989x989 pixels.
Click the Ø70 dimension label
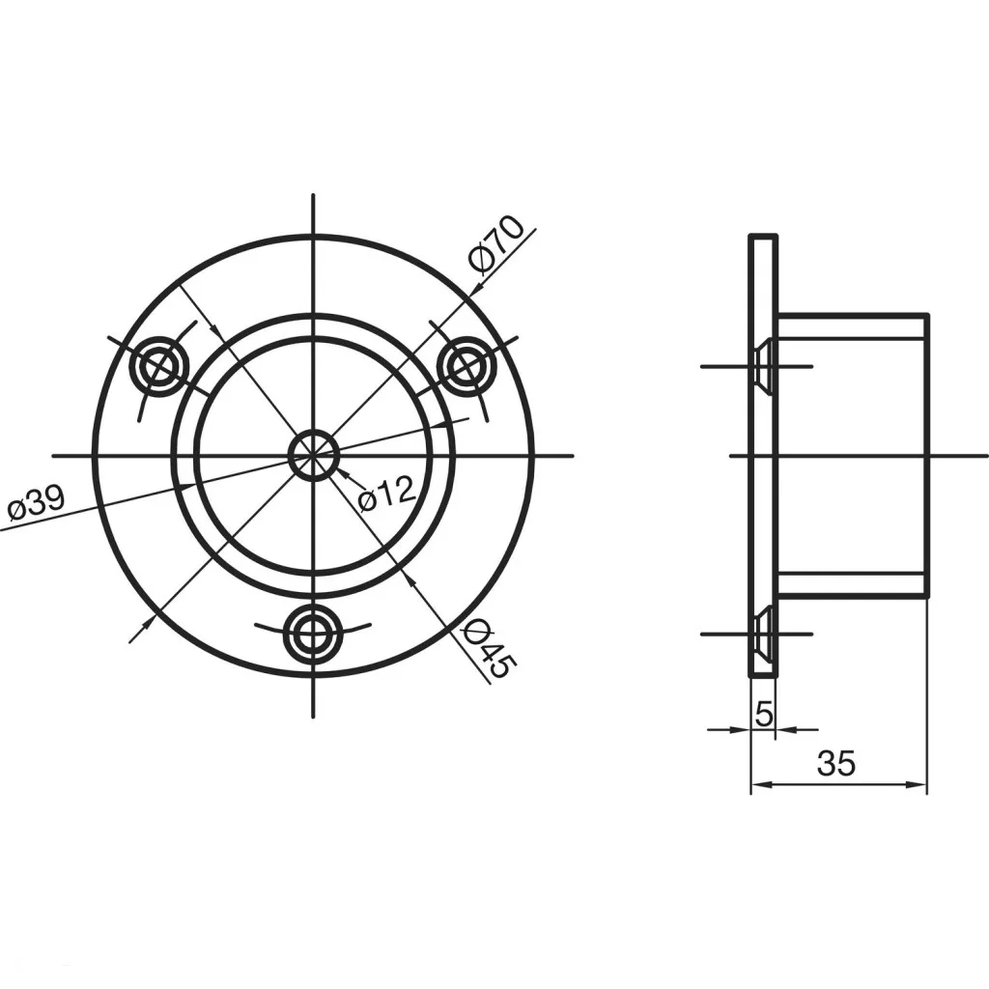pyautogui.click(x=496, y=245)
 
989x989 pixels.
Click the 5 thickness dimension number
pyautogui.click(x=763, y=714)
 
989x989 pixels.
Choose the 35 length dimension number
pyautogui.click(x=836, y=763)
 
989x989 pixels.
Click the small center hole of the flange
pyautogui.click(x=314, y=455)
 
